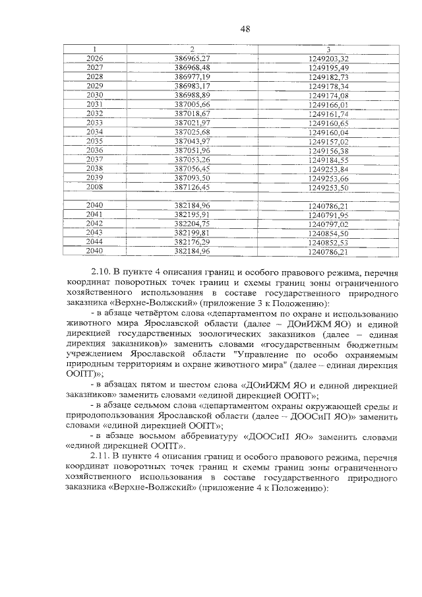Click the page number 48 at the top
244,28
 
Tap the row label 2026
95,59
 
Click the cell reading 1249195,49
328,68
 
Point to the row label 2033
95,123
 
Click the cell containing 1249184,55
328,160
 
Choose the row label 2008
95,187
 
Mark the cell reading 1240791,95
328,214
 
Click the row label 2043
95,233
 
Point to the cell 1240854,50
328,233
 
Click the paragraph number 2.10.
100,271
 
